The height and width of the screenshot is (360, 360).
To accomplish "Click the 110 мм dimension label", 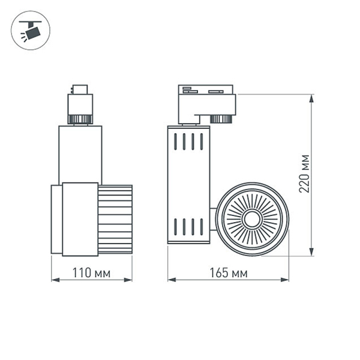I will click(x=91, y=273).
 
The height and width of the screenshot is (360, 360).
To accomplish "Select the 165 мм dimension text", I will click(x=228, y=273).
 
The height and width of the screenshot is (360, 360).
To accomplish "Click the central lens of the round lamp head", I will click(x=252, y=218).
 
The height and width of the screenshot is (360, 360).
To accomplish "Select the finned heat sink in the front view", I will click(x=115, y=219).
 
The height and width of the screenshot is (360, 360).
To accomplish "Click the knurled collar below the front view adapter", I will click(x=80, y=118).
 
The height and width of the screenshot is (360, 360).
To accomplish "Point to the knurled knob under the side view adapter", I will click(x=221, y=118).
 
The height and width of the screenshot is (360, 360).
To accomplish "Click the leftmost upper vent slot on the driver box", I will click(x=176, y=142).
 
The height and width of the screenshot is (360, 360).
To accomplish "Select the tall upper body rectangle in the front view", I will click(x=80, y=154).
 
